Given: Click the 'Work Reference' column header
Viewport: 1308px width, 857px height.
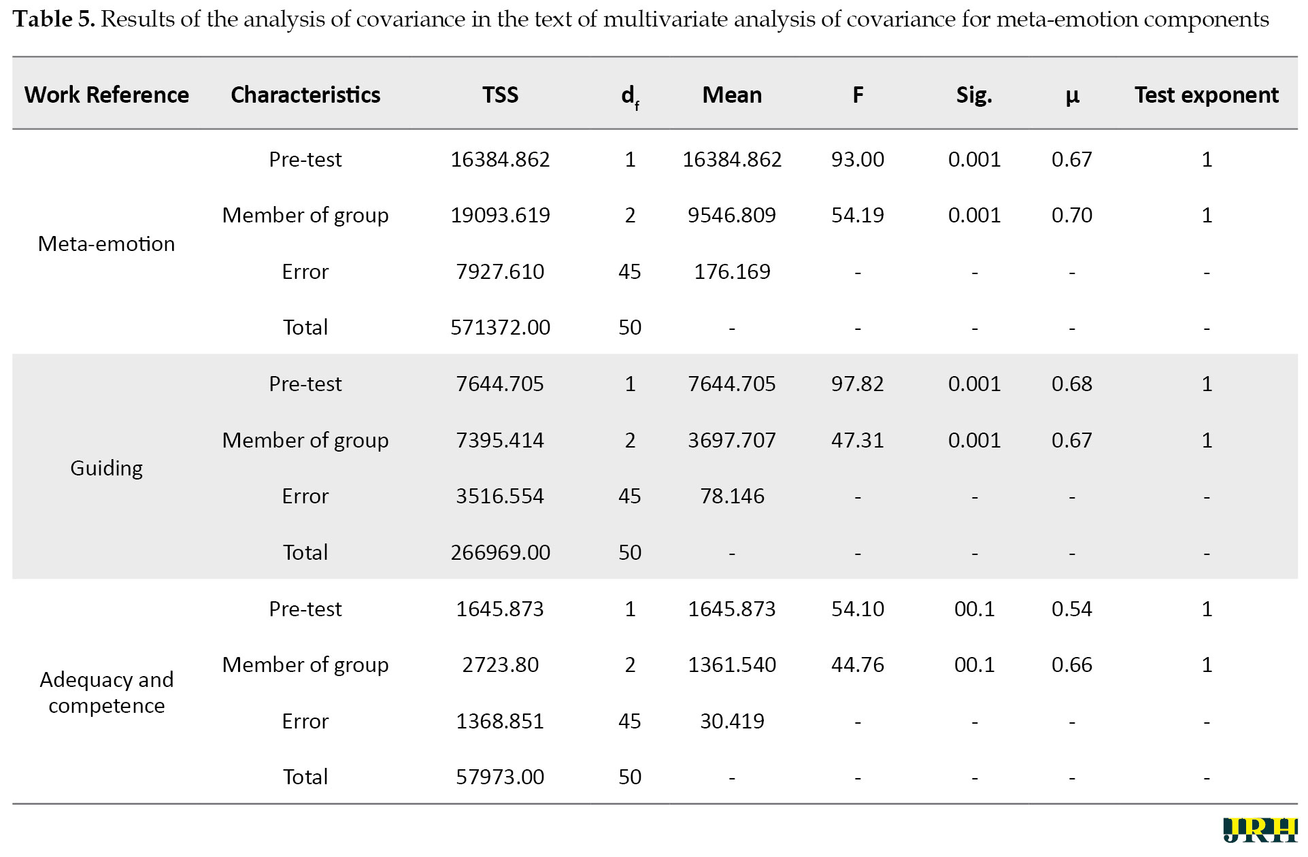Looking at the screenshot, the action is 107,95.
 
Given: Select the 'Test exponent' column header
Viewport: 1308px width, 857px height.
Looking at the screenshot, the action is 1207,95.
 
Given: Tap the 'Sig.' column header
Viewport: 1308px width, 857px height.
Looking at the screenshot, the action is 974,95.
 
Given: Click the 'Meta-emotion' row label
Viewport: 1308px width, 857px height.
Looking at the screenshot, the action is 107,243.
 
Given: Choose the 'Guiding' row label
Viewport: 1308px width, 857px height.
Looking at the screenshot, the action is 107,469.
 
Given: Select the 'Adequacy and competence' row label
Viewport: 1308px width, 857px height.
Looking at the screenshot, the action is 107,692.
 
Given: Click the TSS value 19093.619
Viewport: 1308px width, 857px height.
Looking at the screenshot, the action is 500,215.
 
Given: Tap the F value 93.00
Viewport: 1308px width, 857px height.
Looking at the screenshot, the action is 858,159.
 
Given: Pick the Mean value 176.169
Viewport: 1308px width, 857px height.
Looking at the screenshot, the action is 732,271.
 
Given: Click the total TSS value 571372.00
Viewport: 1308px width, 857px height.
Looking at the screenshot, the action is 500,327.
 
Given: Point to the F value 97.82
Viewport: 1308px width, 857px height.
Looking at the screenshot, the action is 858,384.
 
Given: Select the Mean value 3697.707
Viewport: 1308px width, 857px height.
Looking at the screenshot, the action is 732,440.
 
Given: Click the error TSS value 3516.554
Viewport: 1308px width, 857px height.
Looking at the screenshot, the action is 500,496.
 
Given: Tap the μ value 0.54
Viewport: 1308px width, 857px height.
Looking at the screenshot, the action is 1072,609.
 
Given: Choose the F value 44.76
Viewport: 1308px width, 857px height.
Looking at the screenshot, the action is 858,665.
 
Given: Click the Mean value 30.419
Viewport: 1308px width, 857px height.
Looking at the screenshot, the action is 732,721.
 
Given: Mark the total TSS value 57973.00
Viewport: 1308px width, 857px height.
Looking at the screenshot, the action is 500,777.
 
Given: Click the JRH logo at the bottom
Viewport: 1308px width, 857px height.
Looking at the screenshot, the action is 1260,830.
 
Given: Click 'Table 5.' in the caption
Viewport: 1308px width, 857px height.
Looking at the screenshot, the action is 54,19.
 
